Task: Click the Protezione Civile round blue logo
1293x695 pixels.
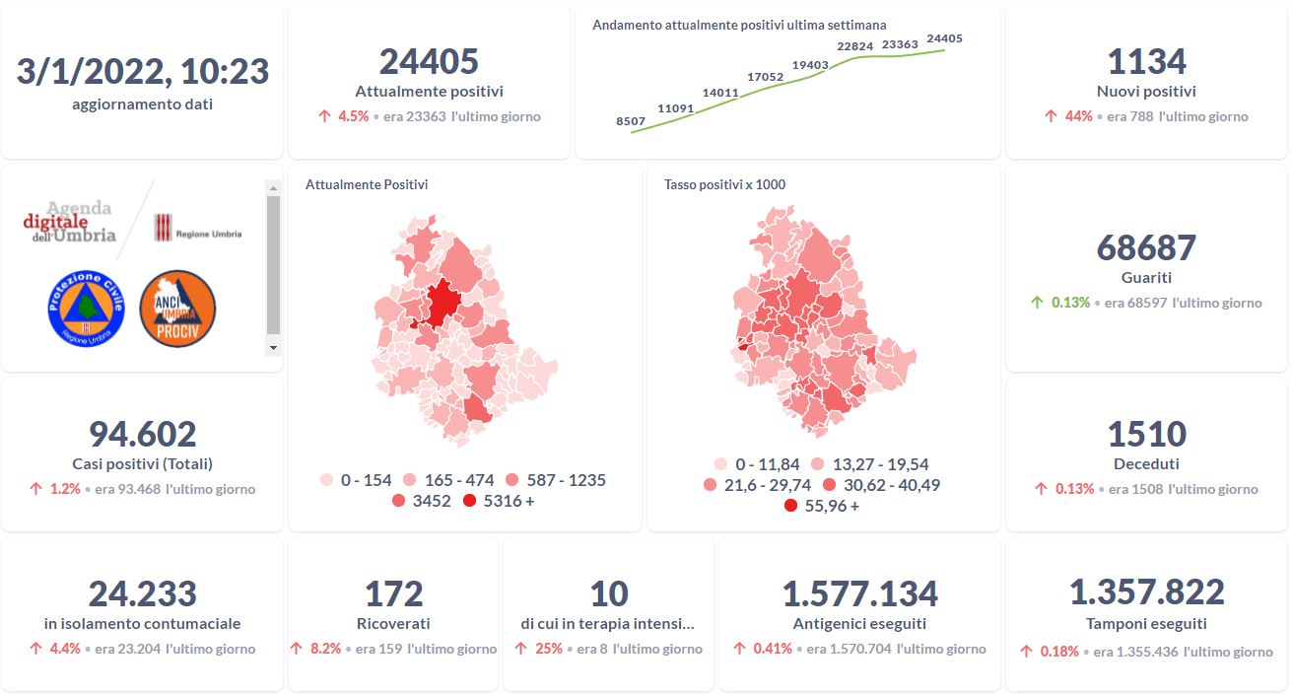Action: [86, 309]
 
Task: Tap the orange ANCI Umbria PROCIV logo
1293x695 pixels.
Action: [177, 309]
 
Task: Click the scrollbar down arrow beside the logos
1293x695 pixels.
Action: [273, 348]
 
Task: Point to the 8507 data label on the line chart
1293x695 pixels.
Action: [631, 121]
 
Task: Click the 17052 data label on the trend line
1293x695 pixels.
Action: [765, 77]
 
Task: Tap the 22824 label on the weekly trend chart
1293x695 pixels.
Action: [854, 46]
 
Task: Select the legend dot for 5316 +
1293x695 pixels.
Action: [469, 502]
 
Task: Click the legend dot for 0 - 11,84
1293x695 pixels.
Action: [720, 464]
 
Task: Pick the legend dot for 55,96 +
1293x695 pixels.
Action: [790, 507]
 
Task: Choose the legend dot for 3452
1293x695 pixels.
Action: [398, 502]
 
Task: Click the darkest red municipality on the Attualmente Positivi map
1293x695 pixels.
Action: [442, 300]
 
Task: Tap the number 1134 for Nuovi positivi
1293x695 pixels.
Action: [1146, 62]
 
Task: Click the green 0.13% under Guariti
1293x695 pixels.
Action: [1070, 303]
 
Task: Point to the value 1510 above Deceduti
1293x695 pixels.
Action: [1146, 434]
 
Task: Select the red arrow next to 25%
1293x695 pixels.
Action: [520, 649]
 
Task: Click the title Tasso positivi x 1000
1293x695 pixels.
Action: [724, 184]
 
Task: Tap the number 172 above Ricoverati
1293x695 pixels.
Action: [393, 594]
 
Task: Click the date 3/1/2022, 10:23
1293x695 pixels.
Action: [143, 71]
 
